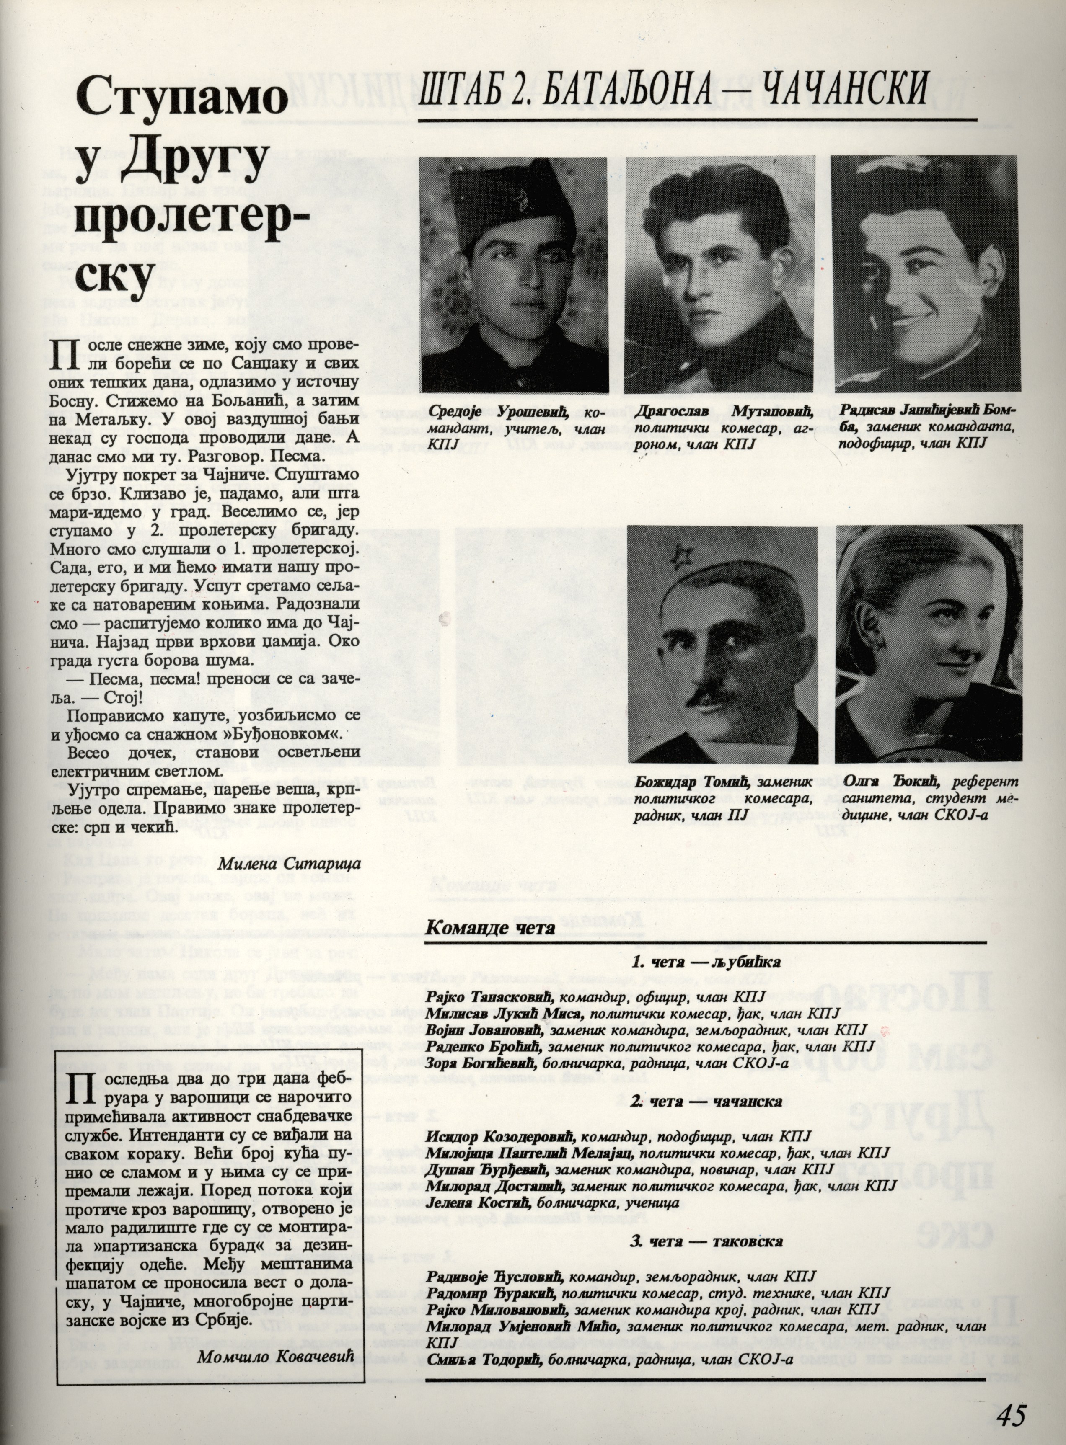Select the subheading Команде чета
490,929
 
